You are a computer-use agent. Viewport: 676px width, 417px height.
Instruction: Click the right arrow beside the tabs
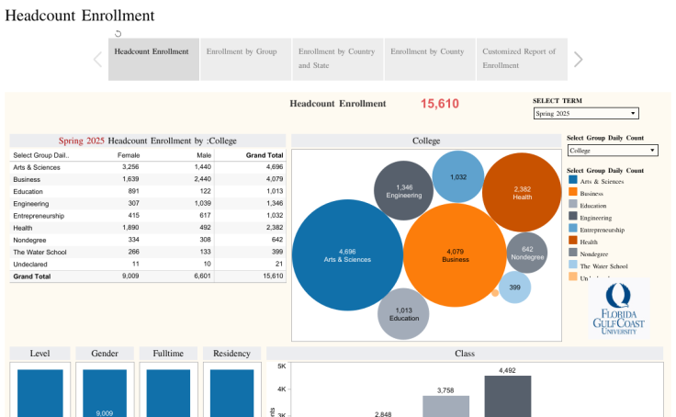click(x=578, y=60)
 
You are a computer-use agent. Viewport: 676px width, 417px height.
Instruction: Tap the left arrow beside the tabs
click(x=97, y=60)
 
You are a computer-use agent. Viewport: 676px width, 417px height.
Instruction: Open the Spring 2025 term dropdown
click(x=586, y=113)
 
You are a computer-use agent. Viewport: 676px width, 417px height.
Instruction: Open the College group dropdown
click(x=612, y=150)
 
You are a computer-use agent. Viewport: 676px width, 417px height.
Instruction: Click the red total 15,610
click(x=439, y=104)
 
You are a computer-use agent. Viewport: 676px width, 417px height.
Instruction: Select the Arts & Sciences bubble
click(x=347, y=254)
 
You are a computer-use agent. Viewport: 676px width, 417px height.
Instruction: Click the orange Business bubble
click(x=455, y=255)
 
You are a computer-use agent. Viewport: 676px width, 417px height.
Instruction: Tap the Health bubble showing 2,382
click(x=522, y=192)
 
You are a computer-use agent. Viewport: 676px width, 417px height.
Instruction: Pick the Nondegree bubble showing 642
click(x=526, y=253)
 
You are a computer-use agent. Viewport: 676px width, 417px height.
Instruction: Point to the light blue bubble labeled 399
click(x=514, y=287)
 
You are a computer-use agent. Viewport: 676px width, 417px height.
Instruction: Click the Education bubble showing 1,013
click(x=403, y=313)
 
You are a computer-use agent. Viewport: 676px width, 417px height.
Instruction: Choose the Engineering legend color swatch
click(x=572, y=218)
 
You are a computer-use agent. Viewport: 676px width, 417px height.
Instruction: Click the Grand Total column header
click(x=264, y=155)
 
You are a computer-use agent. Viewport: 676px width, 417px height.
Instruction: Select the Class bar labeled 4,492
click(x=508, y=396)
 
